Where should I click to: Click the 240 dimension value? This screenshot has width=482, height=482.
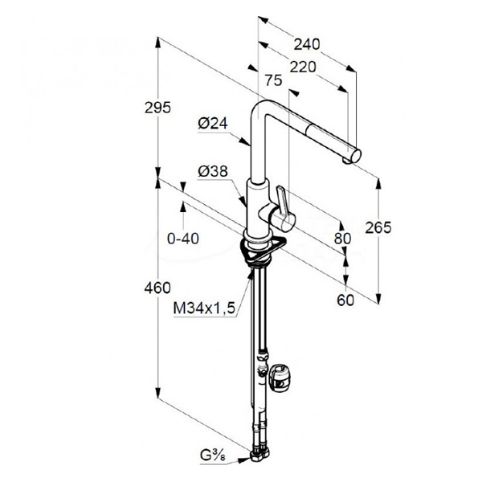click(x=307, y=44)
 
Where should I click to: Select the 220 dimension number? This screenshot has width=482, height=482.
click(x=303, y=67)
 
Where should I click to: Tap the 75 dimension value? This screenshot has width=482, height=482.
click(x=274, y=80)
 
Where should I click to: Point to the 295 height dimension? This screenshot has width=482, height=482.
click(x=157, y=108)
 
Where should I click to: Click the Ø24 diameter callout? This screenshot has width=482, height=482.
click(x=213, y=124)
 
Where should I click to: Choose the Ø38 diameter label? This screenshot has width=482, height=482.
click(x=213, y=171)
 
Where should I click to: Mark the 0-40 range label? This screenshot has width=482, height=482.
click(x=183, y=239)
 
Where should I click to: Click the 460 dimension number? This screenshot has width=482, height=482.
click(x=157, y=288)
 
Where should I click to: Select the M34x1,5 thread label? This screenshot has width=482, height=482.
click(x=204, y=308)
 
